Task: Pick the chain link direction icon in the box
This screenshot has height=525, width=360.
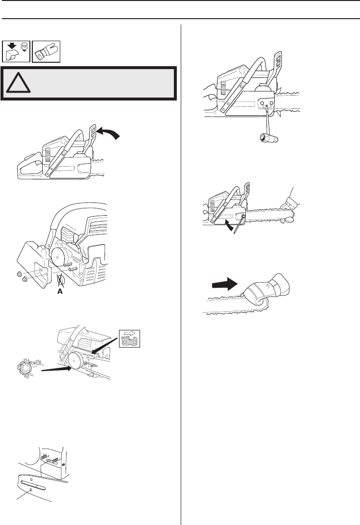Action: pos(130,338)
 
